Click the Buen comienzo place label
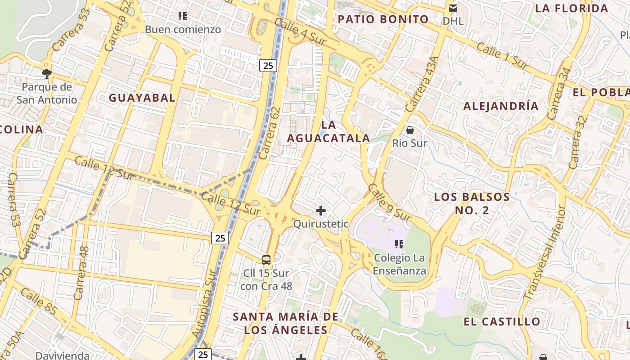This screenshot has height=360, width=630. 183,30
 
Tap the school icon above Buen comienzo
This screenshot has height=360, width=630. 183,17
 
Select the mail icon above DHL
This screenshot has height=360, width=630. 453,8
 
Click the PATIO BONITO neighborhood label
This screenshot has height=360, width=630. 383,19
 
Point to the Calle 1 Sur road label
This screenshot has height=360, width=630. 502,56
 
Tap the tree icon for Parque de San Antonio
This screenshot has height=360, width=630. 46,73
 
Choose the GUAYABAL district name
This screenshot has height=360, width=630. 142,98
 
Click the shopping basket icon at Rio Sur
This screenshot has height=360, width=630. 409,130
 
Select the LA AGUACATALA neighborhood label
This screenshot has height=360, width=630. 328,131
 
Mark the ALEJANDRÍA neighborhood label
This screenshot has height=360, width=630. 501,106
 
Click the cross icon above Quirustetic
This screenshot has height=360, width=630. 321,211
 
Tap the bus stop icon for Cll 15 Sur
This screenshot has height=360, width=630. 266,260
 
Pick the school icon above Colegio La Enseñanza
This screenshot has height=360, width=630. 399,244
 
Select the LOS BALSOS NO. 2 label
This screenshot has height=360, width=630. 472,203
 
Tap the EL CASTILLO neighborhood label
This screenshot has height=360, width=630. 502,322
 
